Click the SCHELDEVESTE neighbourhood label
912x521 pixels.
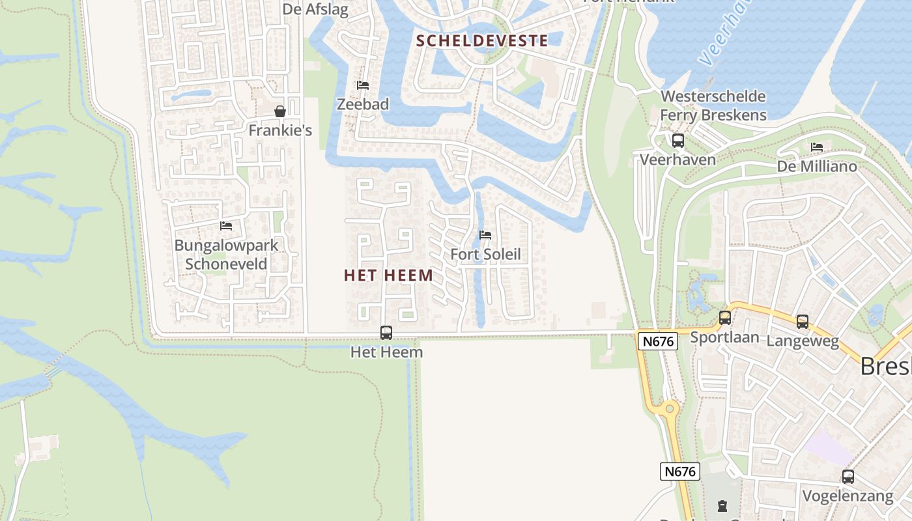(x=482, y=40)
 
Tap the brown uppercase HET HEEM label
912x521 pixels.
(x=388, y=275)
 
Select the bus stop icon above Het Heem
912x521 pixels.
(x=386, y=333)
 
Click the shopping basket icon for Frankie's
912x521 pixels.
(x=280, y=111)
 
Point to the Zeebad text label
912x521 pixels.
(x=363, y=104)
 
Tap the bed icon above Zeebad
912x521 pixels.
(x=363, y=85)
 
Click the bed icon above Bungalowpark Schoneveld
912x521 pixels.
(x=226, y=226)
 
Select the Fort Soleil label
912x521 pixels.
(x=486, y=254)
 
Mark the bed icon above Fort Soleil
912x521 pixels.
(x=485, y=235)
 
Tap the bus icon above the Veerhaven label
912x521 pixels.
(x=678, y=141)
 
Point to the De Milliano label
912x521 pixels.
(x=817, y=167)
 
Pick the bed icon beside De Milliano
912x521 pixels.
(x=817, y=147)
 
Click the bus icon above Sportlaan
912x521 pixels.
(x=725, y=318)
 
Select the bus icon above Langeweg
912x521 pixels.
(x=803, y=322)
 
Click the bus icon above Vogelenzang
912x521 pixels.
(x=848, y=477)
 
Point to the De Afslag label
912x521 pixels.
(x=316, y=10)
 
